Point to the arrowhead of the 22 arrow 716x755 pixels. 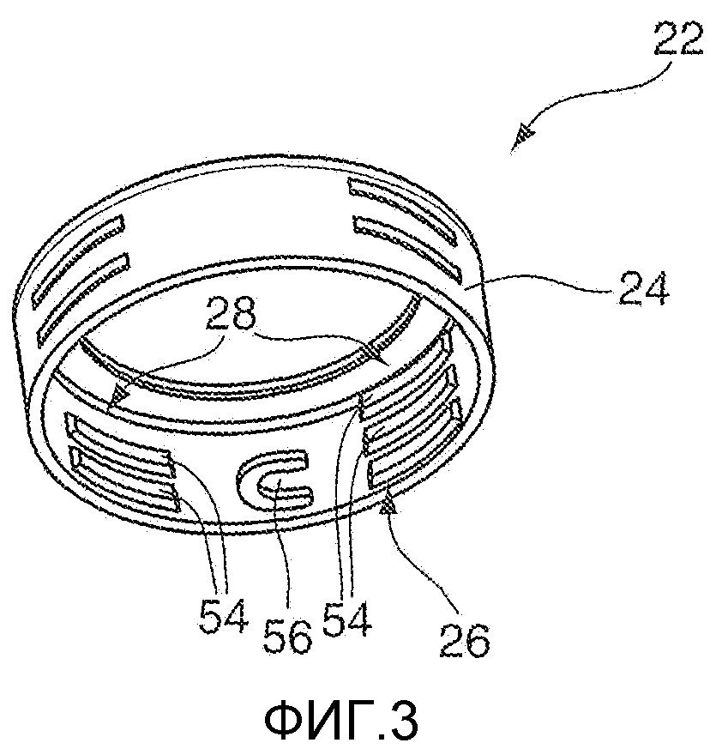[521, 137]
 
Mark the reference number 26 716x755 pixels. [466, 637]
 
